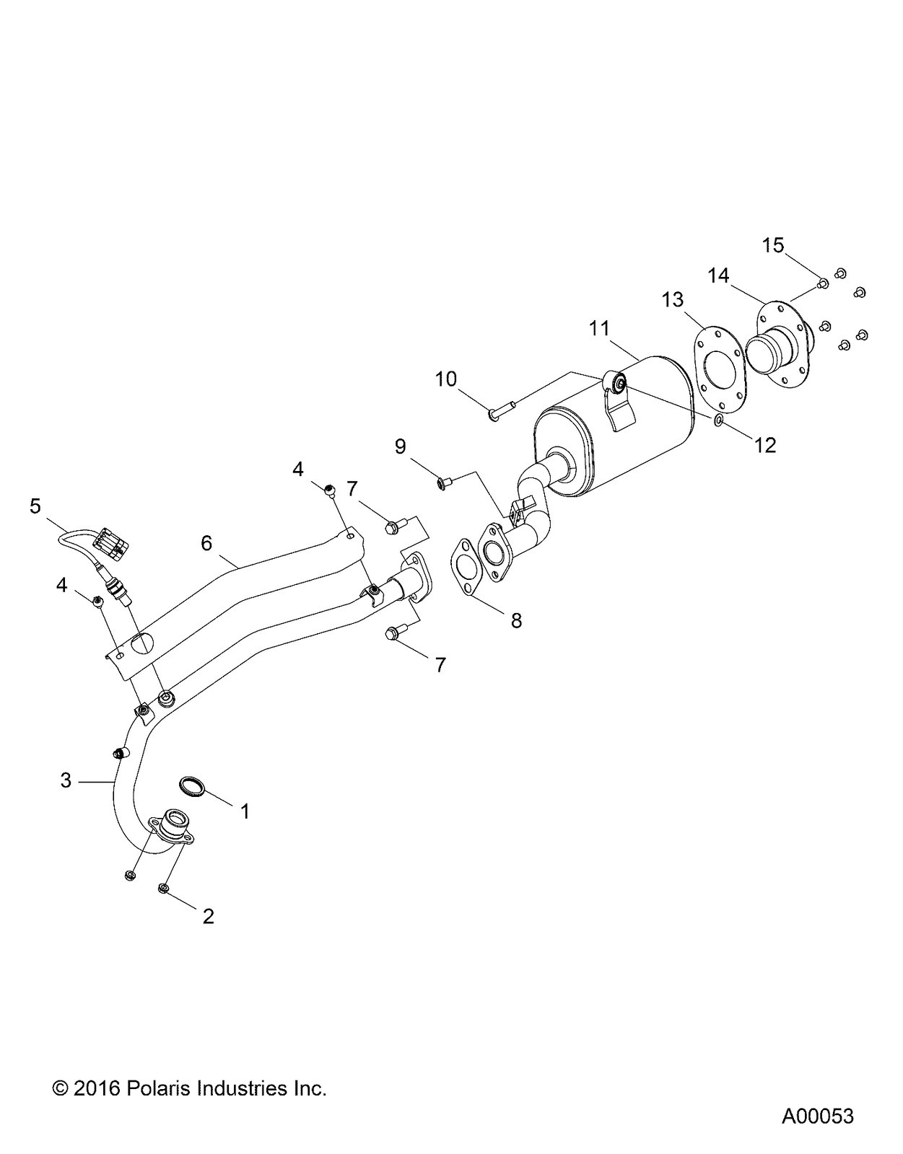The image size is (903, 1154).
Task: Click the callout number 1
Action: point(245,811)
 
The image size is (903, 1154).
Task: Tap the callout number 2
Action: point(208,917)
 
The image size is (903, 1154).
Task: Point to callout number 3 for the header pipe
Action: point(66,780)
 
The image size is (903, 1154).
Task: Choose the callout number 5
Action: point(35,506)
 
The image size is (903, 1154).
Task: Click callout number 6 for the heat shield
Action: point(206,542)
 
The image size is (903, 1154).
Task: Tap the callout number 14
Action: point(718,275)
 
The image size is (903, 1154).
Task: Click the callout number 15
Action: point(772,245)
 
